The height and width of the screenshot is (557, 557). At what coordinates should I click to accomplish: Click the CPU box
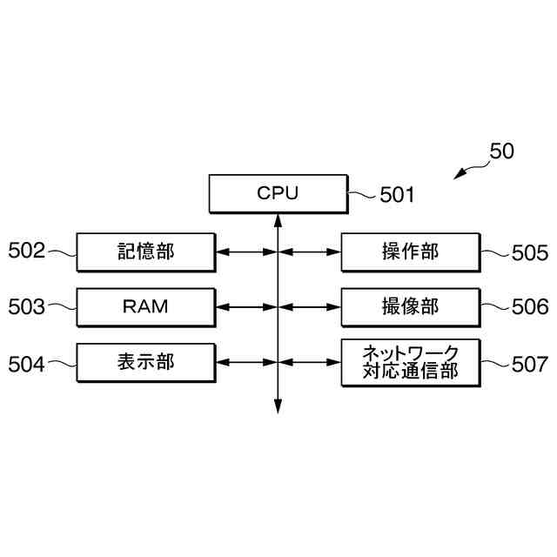click(278, 193)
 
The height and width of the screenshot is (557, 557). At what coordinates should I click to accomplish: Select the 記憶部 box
click(145, 252)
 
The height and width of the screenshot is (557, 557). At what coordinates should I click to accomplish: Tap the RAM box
click(145, 306)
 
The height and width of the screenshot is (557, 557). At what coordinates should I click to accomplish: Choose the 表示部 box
click(145, 361)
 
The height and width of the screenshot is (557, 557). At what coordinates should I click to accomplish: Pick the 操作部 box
click(410, 252)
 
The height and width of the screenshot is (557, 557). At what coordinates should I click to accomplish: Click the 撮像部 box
click(410, 306)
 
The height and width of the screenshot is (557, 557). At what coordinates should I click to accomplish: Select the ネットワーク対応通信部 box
click(410, 362)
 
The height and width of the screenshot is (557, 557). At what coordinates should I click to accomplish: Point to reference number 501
click(397, 195)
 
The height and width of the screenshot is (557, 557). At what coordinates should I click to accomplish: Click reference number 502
click(26, 252)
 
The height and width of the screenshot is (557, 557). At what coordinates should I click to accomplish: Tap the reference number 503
click(26, 306)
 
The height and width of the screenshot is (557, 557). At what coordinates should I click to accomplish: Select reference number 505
click(530, 253)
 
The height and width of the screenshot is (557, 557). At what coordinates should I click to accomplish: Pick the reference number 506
click(530, 306)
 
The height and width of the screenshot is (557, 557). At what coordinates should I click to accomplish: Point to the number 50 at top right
click(501, 150)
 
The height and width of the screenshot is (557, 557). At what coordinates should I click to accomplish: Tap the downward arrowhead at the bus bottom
click(278, 406)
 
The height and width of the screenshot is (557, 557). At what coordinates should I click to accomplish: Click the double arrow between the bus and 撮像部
click(310, 306)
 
